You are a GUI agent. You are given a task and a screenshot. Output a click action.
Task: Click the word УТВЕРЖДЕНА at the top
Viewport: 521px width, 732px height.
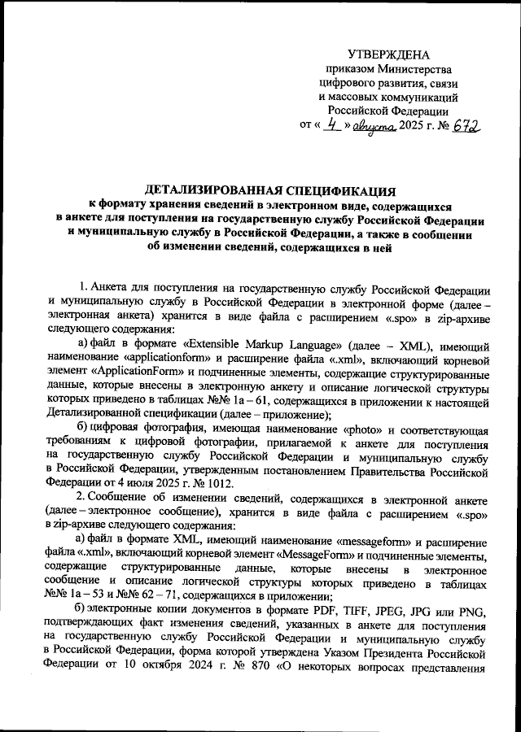click(x=388, y=54)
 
